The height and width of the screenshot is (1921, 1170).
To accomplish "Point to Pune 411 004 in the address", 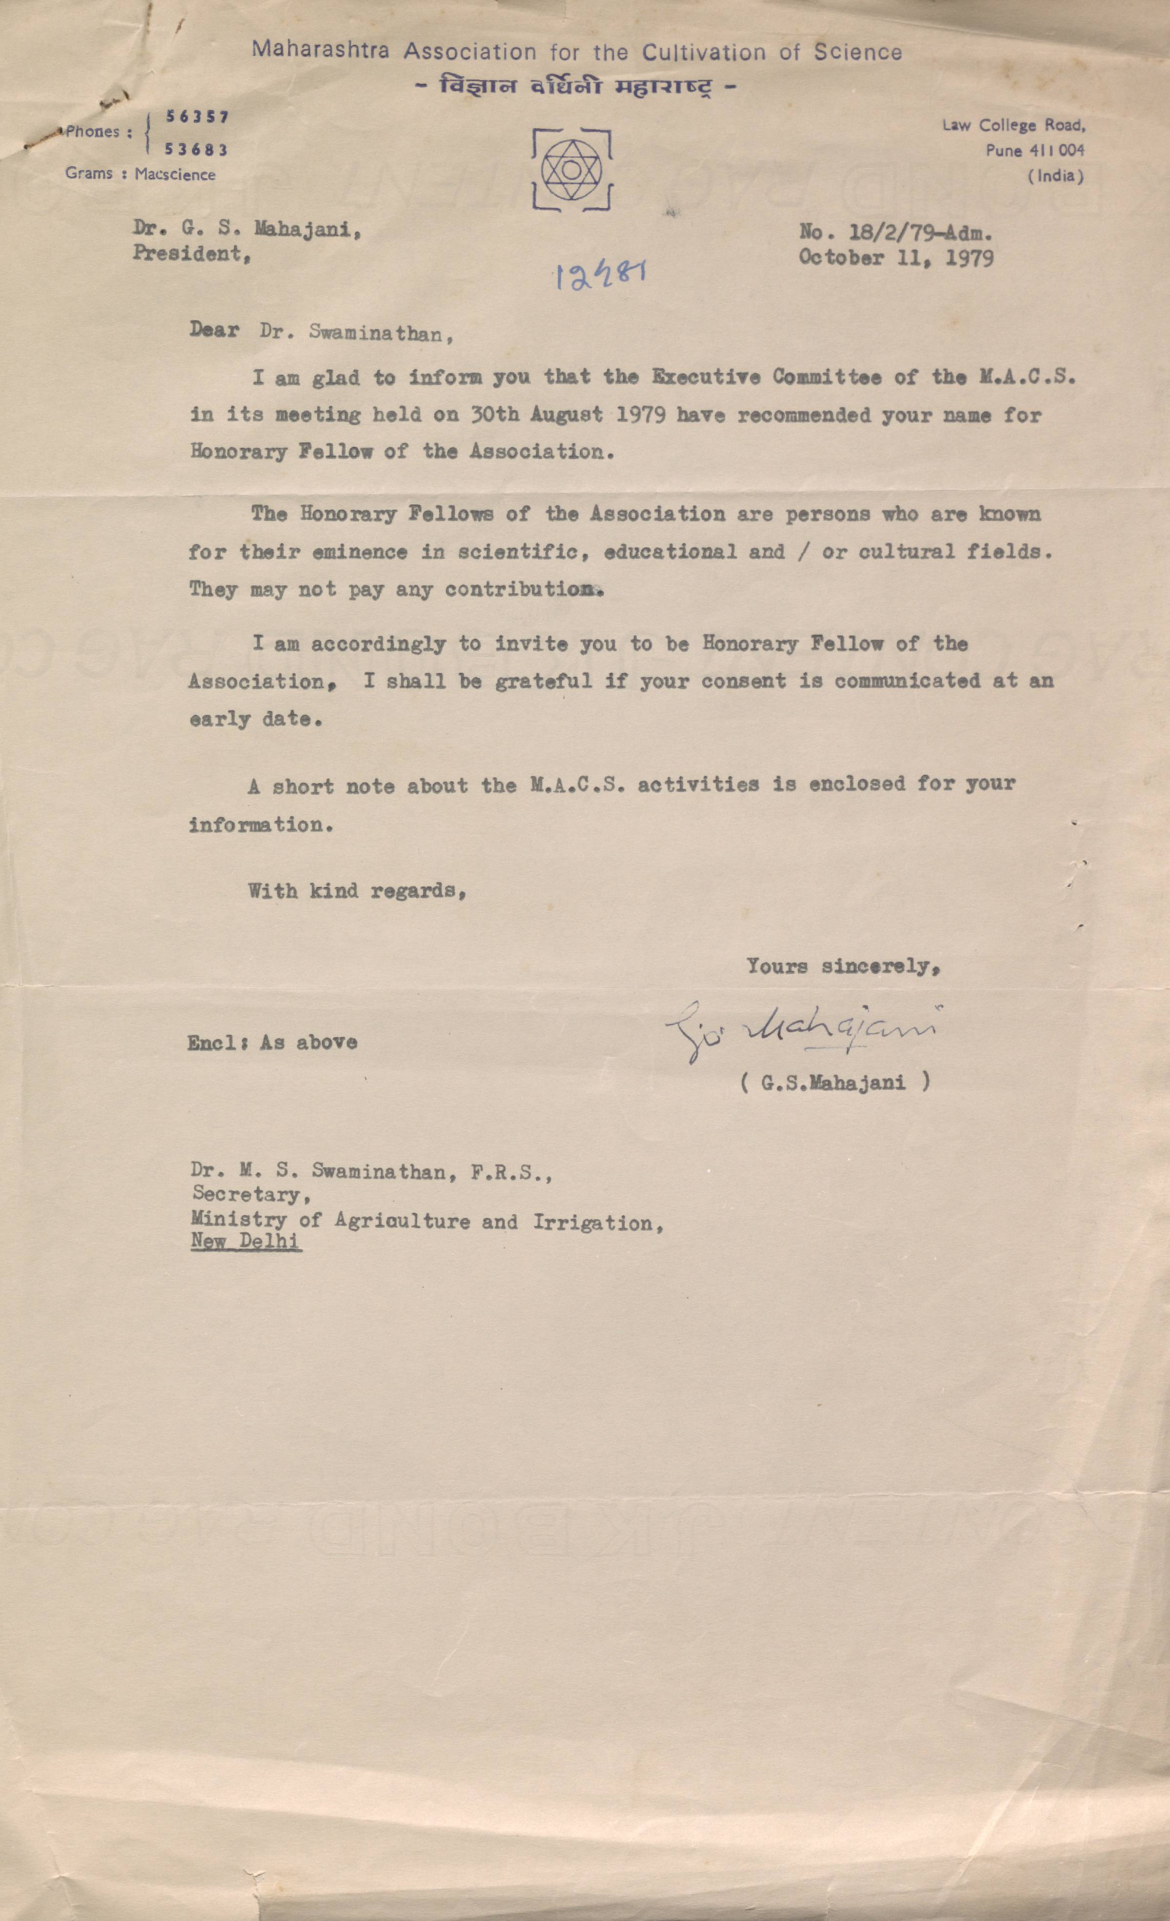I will coord(1035,151).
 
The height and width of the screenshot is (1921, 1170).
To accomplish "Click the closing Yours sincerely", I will coord(844,967).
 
